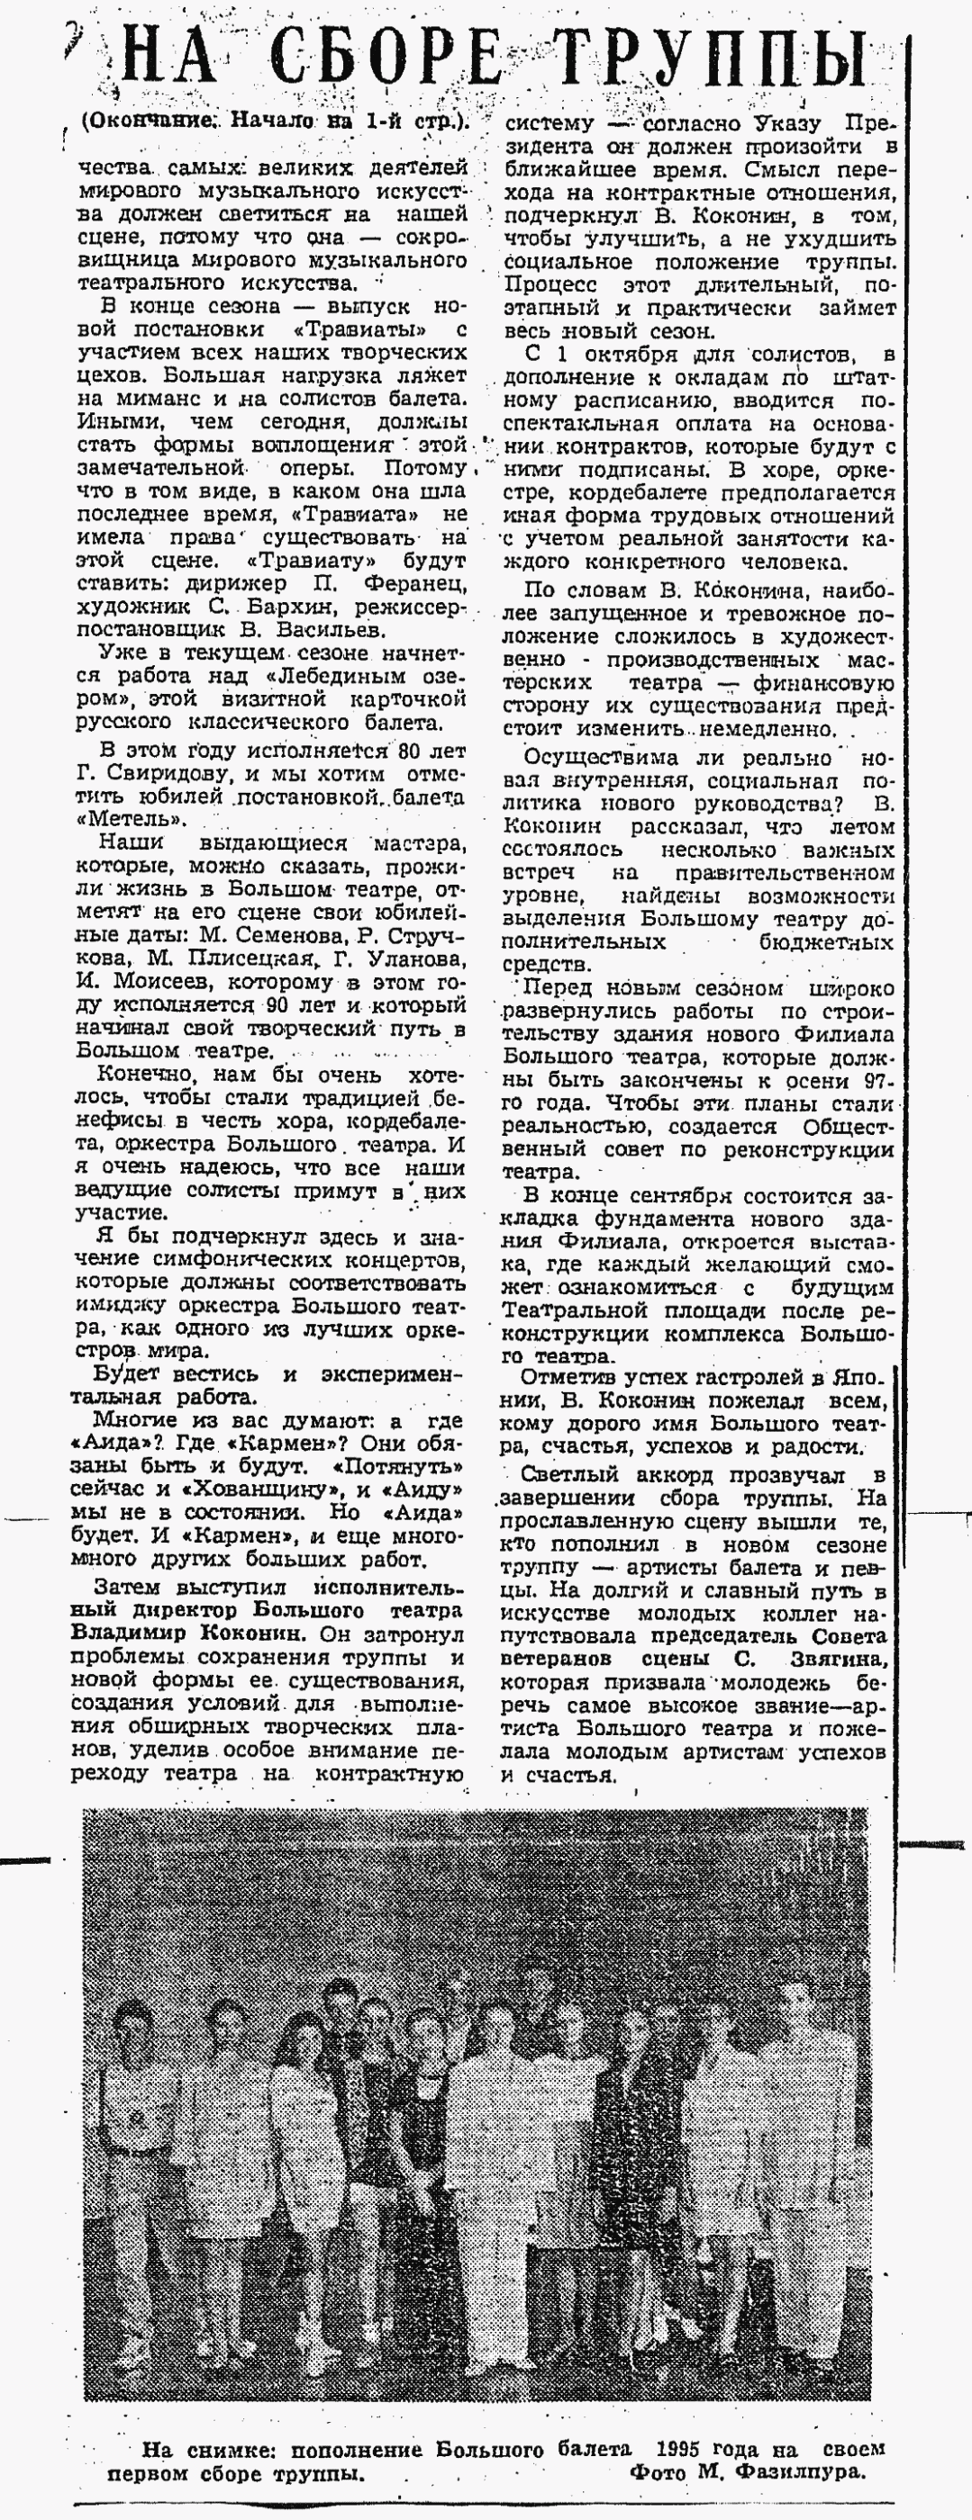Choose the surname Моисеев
138,982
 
